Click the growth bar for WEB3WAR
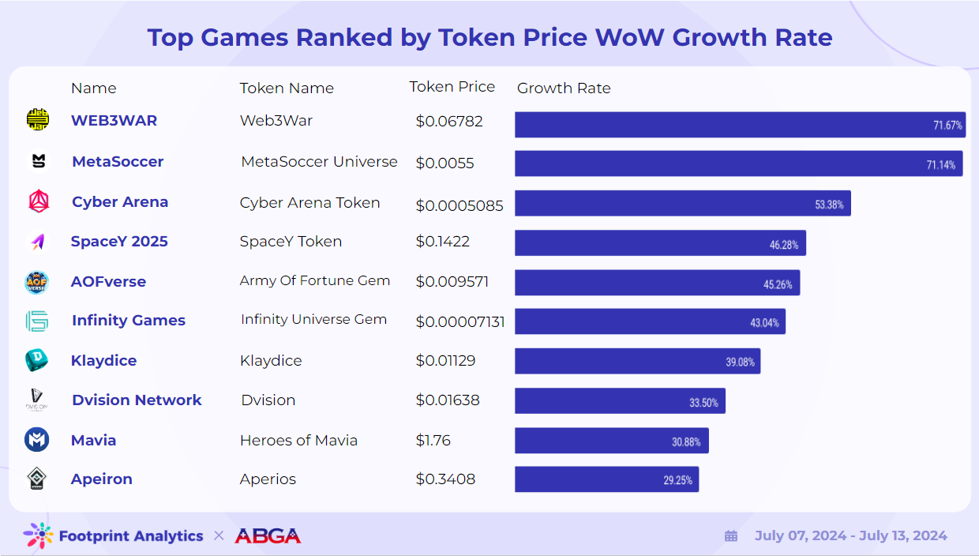coord(740,125)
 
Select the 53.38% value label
coord(829,205)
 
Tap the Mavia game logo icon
coord(37,440)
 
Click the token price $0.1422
coord(443,242)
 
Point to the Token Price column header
coord(452,87)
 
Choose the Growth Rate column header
coord(564,88)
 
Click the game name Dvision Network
coord(137,400)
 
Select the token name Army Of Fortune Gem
coord(315,280)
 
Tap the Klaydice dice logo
coord(37,361)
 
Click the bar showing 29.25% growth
coord(606,479)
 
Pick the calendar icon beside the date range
coord(731,536)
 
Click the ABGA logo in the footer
coord(268,536)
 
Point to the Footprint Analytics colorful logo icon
coord(38,536)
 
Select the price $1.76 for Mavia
coord(433,440)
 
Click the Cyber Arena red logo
coord(38,202)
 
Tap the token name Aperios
coord(268,479)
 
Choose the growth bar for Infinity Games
coord(650,321)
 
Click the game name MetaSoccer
coord(118,162)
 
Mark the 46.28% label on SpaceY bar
coord(784,245)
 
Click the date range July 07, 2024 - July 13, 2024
coord(850,536)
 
